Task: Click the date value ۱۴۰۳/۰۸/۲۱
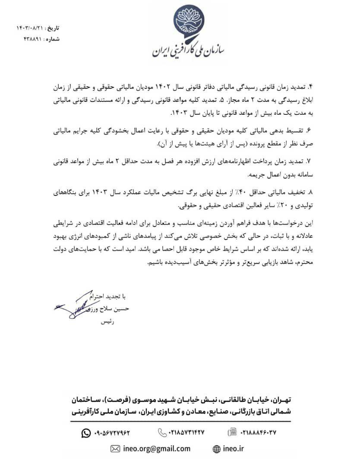point(31,28)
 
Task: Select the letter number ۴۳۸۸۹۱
point(32,39)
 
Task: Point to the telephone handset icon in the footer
point(162,432)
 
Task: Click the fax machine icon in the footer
point(232,432)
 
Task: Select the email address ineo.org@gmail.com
point(157,448)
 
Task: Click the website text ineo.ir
point(234,448)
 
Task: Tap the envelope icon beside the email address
point(115,449)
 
